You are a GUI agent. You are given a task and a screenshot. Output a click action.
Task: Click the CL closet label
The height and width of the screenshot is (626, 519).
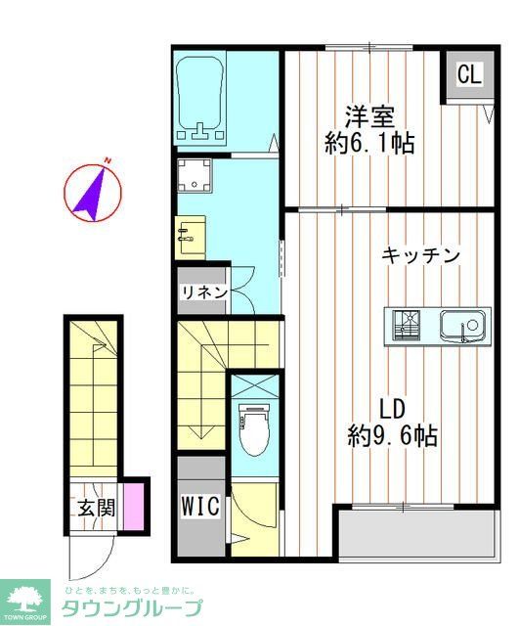click(x=469, y=75)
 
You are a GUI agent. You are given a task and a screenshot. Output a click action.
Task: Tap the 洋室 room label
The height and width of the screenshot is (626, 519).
click(x=368, y=116)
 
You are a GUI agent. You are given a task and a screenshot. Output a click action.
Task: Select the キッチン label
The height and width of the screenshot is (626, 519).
click(x=420, y=256)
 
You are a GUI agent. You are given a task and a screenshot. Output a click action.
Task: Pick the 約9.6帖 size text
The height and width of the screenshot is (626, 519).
click(x=392, y=436)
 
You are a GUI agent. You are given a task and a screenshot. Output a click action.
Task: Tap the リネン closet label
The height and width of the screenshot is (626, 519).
click(x=203, y=291)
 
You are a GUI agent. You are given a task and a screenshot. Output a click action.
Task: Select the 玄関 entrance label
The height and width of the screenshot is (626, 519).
click(x=97, y=508)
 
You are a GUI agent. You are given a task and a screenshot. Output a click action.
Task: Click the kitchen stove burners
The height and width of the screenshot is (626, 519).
click(x=409, y=324)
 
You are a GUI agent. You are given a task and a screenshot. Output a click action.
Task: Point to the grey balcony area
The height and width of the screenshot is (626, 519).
click(x=414, y=534)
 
